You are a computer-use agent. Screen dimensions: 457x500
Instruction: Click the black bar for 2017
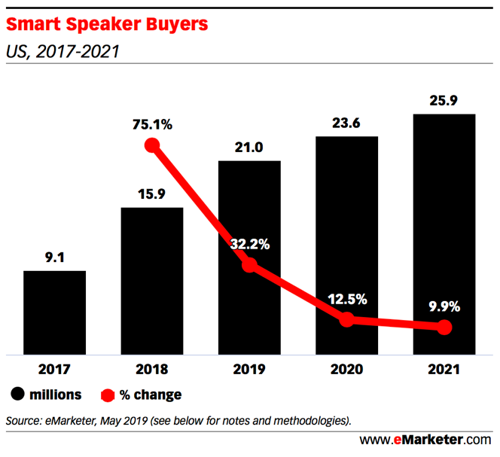pos(54,312)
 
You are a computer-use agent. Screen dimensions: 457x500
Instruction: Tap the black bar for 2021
pos(444,233)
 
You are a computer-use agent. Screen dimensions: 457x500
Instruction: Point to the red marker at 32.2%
pos(249,265)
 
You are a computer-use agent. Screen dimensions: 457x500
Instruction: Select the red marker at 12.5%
pos(346,319)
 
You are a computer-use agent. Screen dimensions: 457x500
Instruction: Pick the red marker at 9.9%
pos(444,327)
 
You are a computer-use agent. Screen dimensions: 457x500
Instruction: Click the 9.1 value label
pos(54,257)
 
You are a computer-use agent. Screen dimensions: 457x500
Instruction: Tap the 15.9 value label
pos(151,194)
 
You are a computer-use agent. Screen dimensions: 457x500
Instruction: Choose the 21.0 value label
pos(249,148)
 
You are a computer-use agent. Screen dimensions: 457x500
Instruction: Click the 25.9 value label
pos(444,100)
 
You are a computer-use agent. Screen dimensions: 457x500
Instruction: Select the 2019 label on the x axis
pos(249,370)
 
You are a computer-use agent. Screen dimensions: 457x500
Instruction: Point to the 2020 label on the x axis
pos(346,370)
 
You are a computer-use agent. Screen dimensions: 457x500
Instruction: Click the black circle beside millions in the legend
pos(17,395)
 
